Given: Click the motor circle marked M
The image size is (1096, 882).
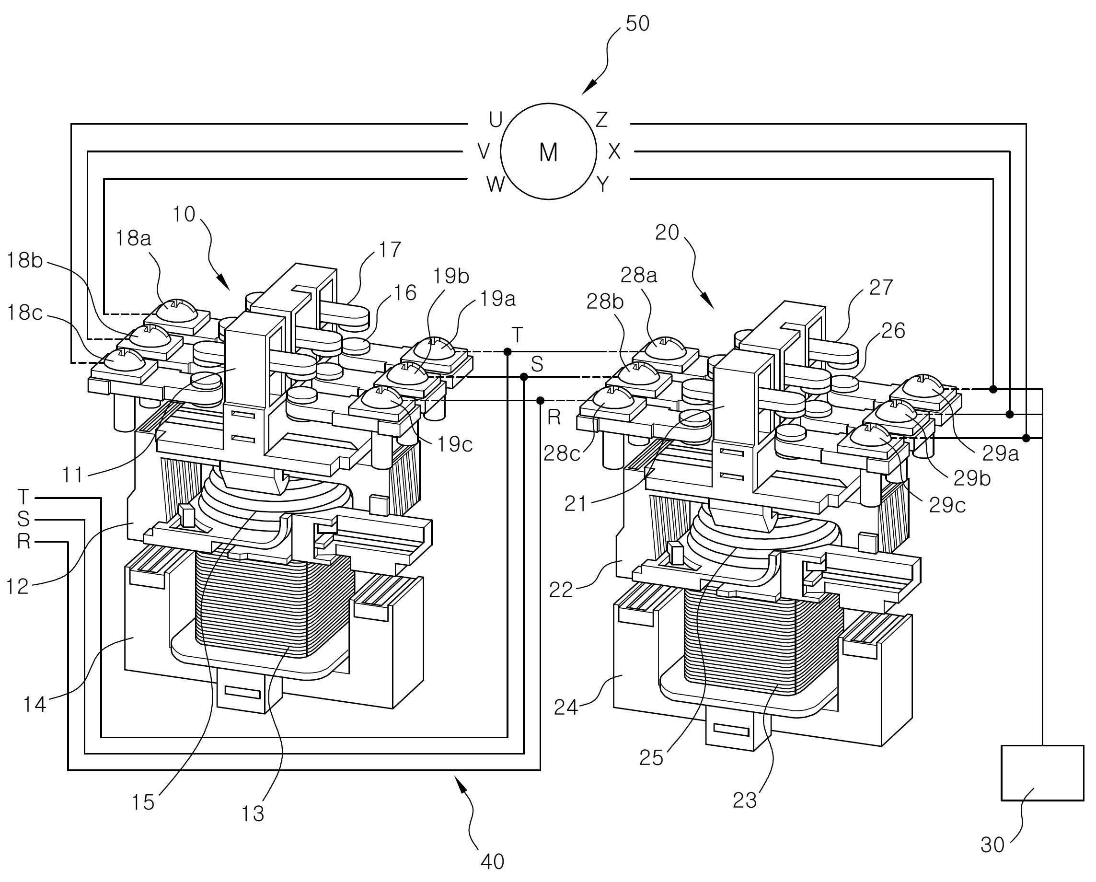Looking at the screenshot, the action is pos(549,151).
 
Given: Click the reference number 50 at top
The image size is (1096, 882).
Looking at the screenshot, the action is pos(637,24).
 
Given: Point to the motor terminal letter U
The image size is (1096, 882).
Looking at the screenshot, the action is pos(496,120).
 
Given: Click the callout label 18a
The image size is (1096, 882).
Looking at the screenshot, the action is pos(133,238).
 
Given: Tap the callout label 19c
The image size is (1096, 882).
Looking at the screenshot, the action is pos(455,445).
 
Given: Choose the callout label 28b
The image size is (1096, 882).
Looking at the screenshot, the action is pos(605,302).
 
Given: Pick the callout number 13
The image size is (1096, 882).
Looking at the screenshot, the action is pos(253,814).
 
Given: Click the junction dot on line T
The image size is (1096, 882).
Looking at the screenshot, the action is pos(508,351).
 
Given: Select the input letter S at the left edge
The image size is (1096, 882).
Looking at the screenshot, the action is pos(23,519).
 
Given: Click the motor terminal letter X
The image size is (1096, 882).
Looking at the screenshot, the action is pos(614,151).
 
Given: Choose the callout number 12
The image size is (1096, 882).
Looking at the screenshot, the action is pos(18,587).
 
